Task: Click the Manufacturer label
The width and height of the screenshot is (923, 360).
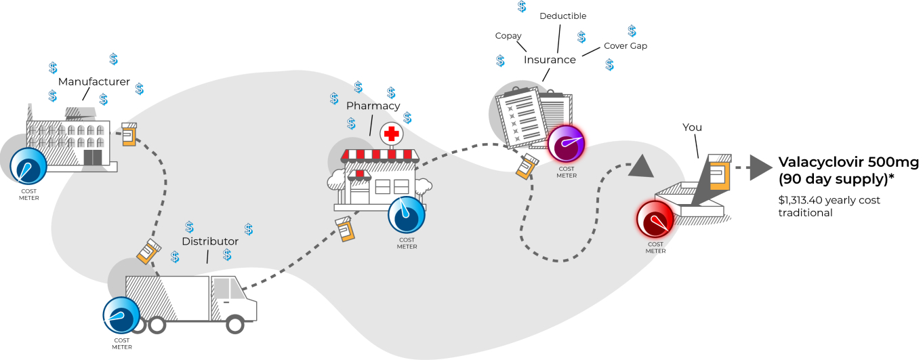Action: coord(94,82)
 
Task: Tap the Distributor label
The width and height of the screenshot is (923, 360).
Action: coord(210,241)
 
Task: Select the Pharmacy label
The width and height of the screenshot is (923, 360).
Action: coord(373,106)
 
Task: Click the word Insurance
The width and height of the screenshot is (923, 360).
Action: coord(550,60)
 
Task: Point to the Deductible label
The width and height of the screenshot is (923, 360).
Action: coord(562,16)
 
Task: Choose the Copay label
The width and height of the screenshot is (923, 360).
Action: coord(508,36)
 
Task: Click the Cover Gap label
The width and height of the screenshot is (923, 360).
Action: coord(625,46)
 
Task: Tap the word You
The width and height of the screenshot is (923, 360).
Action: coord(693,127)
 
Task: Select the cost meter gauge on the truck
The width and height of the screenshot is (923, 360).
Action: coord(121,315)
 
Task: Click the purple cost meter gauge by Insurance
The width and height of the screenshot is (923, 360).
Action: coord(566,145)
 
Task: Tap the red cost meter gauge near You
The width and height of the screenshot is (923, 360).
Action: coord(655,220)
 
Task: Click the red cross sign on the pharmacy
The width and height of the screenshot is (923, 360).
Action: coord(390,134)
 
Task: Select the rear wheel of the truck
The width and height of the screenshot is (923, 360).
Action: coord(157,325)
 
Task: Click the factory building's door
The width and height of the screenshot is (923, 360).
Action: coord(92,157)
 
